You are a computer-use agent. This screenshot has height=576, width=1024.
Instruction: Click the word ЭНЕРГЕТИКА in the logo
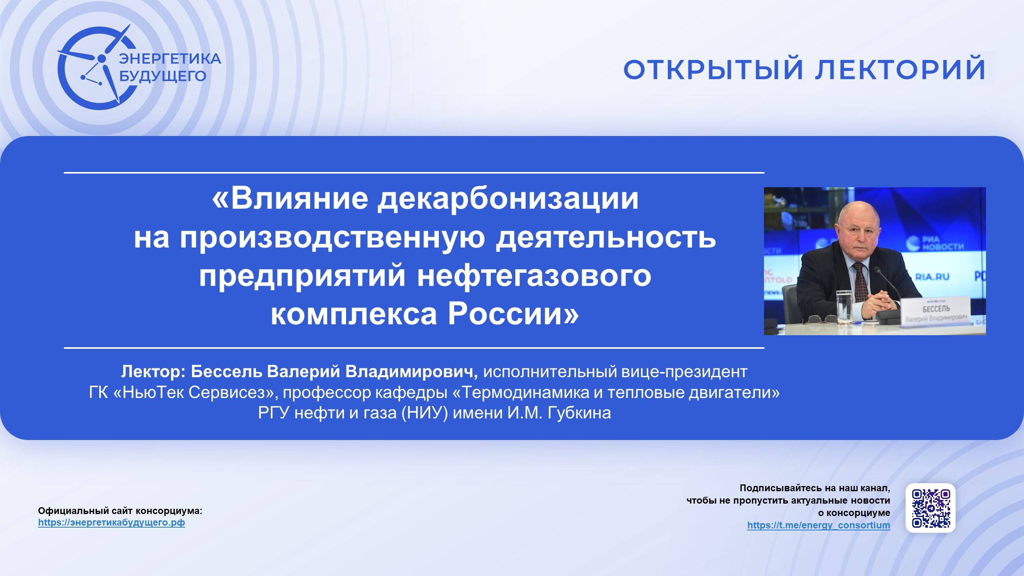(170, 59)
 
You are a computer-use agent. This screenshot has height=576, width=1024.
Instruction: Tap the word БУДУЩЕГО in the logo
(163, 76)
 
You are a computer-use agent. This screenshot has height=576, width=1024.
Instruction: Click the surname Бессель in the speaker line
(226, 372)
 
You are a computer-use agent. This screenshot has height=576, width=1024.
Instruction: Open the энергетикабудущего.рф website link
(112, 523)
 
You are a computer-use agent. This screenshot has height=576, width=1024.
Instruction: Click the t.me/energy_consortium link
(818, 525)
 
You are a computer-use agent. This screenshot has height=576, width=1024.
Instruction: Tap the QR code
(930, 508)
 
